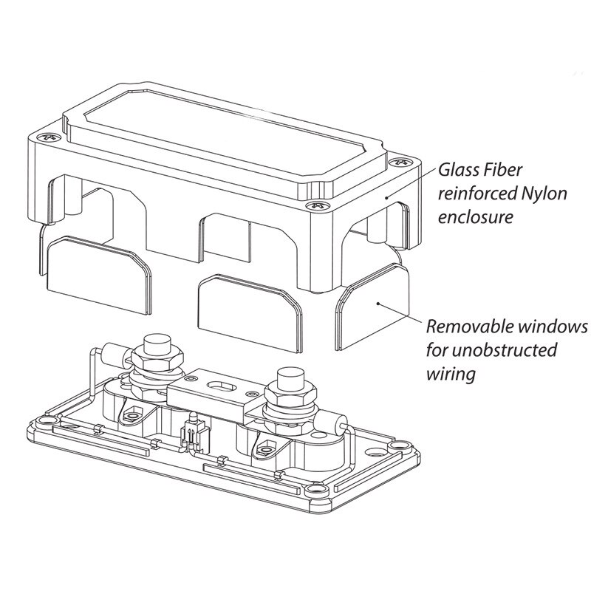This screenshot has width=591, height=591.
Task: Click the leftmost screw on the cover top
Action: (49, 136)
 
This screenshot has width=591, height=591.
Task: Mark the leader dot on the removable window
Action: (378, 303)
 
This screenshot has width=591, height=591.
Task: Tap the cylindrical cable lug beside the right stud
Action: (338, 423)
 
